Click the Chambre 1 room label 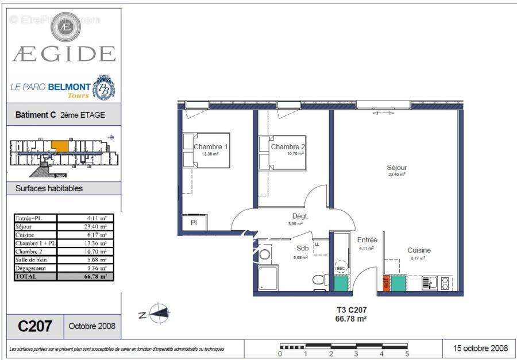pyautogui.click(x=211, y=147)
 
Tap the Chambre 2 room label pyautogui.click(x=288, y=147)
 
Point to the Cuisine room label pyautogui.click(x=419, y=250)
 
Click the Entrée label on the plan pyautogui.click(x=367, y=240)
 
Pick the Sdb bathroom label pyautogui.click(x=302, y=248)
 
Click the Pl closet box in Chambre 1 pyautogui.click(x=194, y=223)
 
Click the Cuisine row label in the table pyautogui.click(x=25, y=235)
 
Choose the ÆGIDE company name pyautogui.click(x=64, y=54)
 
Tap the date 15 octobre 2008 pyautogui.click(x=480, y=348)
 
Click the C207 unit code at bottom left pyautogui.click(x=35, y=326)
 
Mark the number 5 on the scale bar pyautogui.click(x=407, y=354)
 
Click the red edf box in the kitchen pyautogui.click(x=387, y=283)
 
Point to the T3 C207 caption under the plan pyautogui.click(x=351, y=310)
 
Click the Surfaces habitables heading pyautogui.click(x=49, y=188)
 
